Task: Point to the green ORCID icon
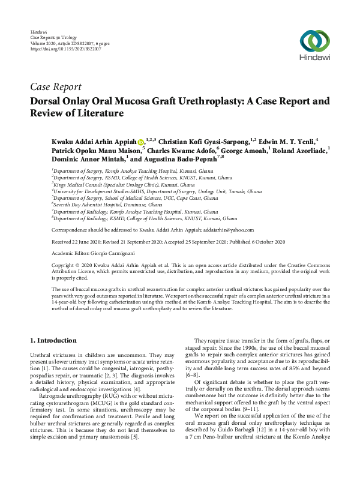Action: point(141,140)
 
